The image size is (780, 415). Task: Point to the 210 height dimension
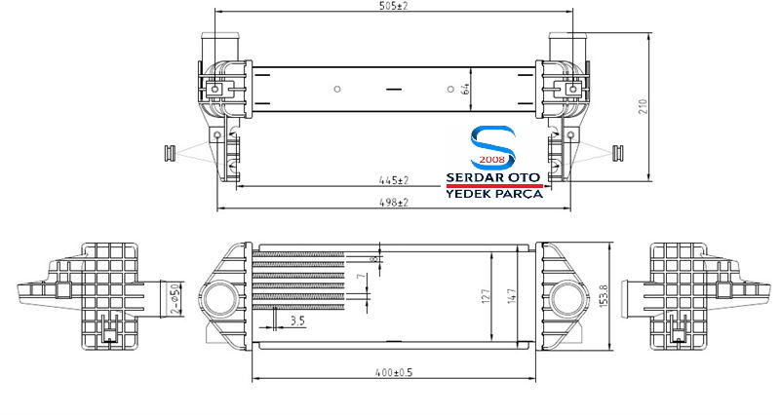click(643, 107)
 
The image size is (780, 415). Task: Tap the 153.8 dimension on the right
click(604, 295)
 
